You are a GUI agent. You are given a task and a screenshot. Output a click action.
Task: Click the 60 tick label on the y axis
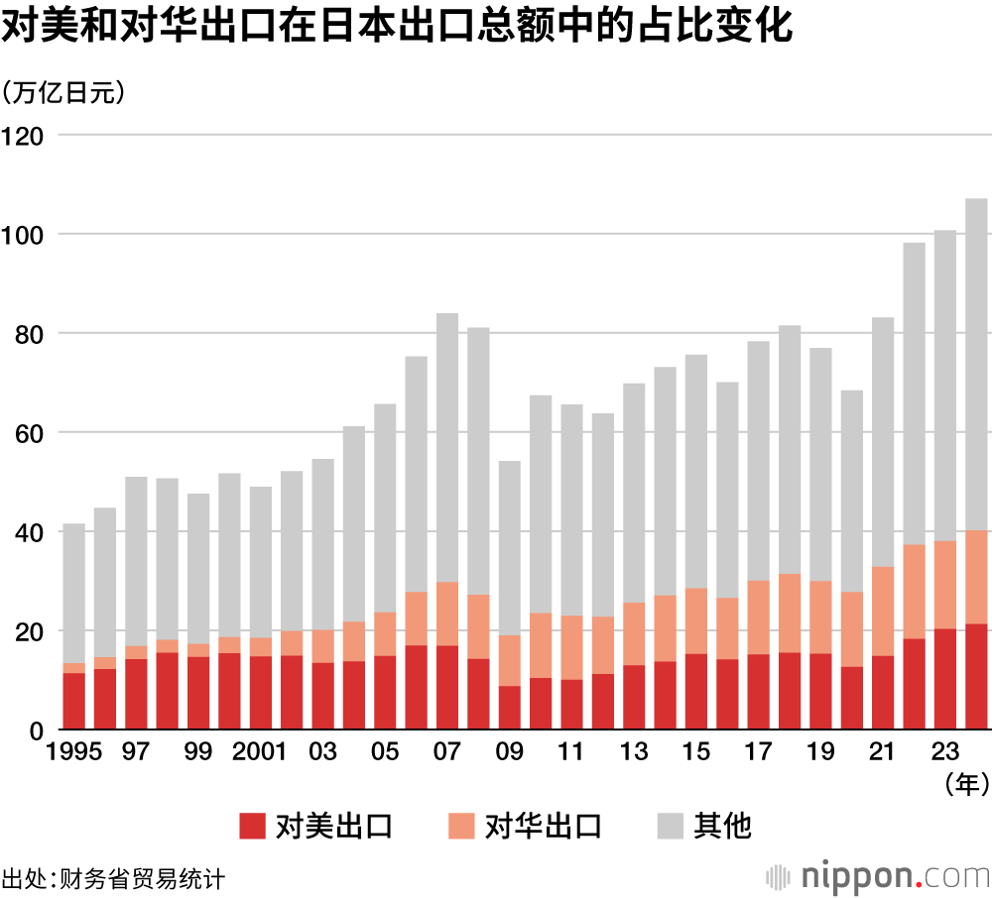click(30, 433)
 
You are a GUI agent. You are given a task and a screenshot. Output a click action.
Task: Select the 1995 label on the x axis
click(73, 752)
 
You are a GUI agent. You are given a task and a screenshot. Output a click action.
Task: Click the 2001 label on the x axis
click(260, 752)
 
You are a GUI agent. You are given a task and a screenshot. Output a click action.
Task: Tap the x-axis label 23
click(945, 752)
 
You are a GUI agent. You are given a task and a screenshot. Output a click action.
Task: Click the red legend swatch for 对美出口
click(253, 826)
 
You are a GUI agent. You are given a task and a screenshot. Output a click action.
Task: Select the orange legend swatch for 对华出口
click(461, 826)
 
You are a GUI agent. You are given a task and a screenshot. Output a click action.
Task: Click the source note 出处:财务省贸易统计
click(113, 879)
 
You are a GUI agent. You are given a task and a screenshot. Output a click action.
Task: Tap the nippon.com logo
click(879, 876)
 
